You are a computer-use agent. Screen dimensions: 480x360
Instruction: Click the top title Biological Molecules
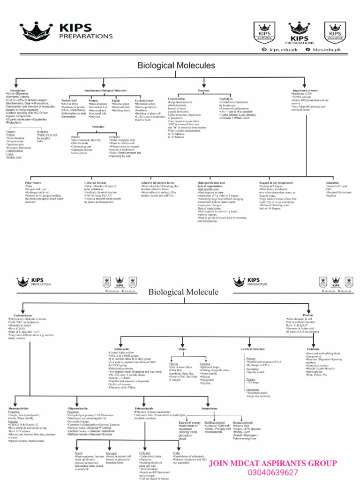176,66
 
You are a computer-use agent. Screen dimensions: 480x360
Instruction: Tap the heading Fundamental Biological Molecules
105,90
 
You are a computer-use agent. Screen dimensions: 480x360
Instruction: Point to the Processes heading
203,90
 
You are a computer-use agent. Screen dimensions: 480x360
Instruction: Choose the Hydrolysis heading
225,99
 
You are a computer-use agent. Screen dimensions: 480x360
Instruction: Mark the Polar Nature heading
33,182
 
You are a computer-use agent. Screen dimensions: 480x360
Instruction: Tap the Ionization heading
332,182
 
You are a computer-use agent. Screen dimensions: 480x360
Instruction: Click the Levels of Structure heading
253,349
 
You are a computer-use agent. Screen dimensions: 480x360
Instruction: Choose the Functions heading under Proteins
313,349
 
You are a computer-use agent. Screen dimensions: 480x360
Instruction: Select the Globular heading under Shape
205,364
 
